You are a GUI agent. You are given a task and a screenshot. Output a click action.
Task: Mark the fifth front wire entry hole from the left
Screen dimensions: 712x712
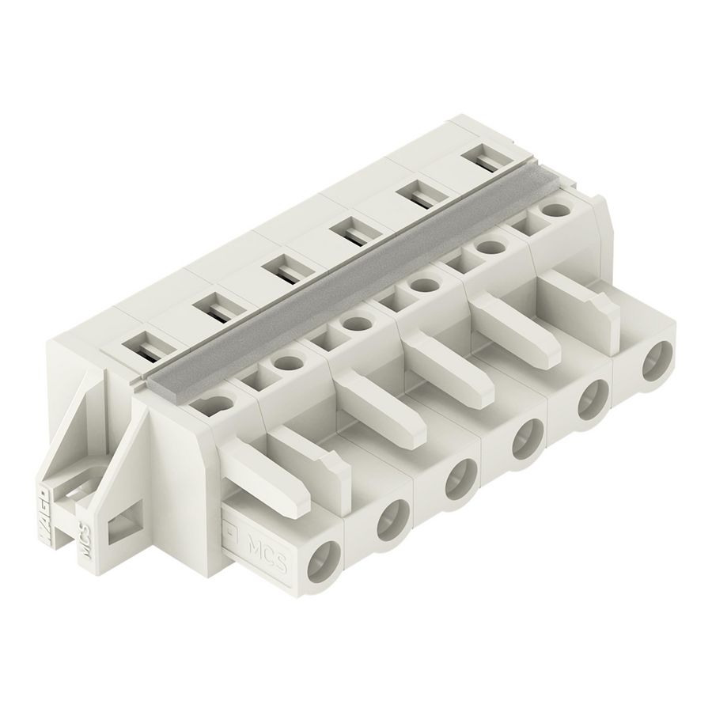[590, 403]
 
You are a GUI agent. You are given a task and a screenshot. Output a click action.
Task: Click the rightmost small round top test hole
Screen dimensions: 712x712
[556, 210]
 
